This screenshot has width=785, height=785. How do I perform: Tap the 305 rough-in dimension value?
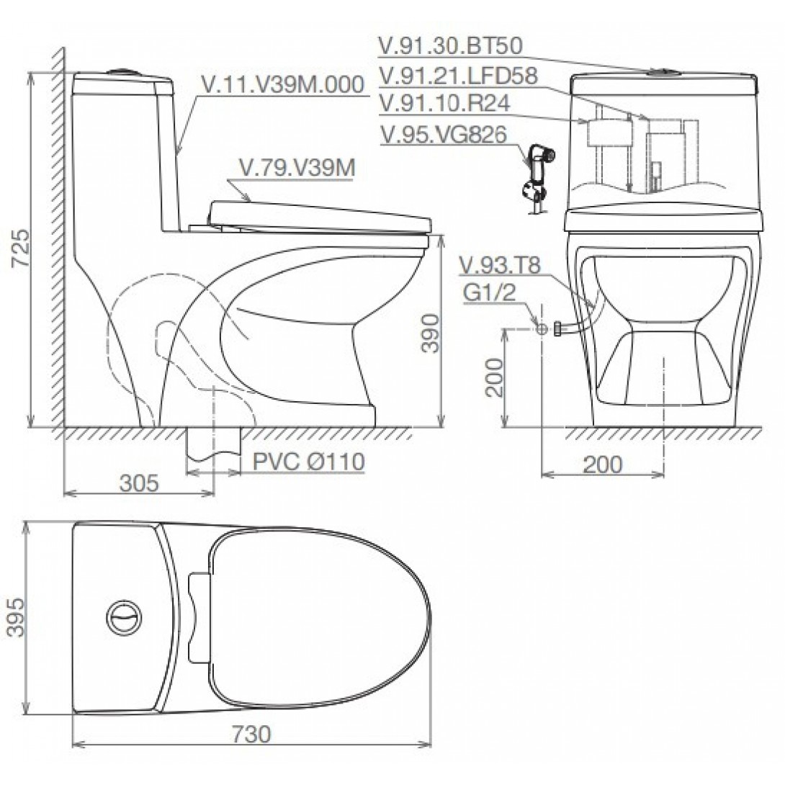(x=138, y=483)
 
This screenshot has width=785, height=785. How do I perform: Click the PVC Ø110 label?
(x=308, y=462)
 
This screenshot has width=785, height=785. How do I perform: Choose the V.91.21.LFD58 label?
(x=458, y=75)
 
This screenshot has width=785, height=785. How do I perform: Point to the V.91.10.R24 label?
(x=444, y=102)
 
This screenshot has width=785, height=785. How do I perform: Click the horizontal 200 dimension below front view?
(x=601, y=465)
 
